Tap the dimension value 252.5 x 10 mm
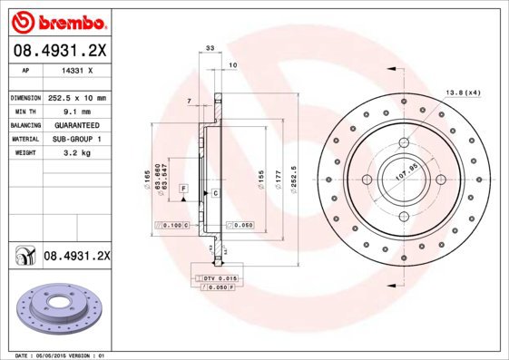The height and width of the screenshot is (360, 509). (77, 97)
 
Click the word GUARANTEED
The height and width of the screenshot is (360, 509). (76, 124)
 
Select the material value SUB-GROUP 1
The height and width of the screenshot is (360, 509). (76, 139)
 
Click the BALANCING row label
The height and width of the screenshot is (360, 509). (24, 124)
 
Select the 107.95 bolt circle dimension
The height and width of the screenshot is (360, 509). (406, 171)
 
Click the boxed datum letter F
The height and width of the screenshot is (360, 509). (182, 189)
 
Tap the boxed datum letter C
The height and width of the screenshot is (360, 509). (216, 193)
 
